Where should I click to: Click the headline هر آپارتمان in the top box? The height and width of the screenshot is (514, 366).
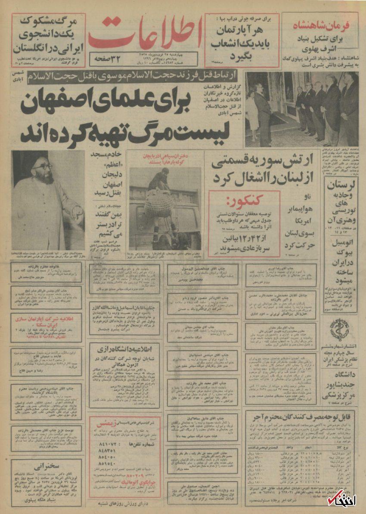coord(241,31)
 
